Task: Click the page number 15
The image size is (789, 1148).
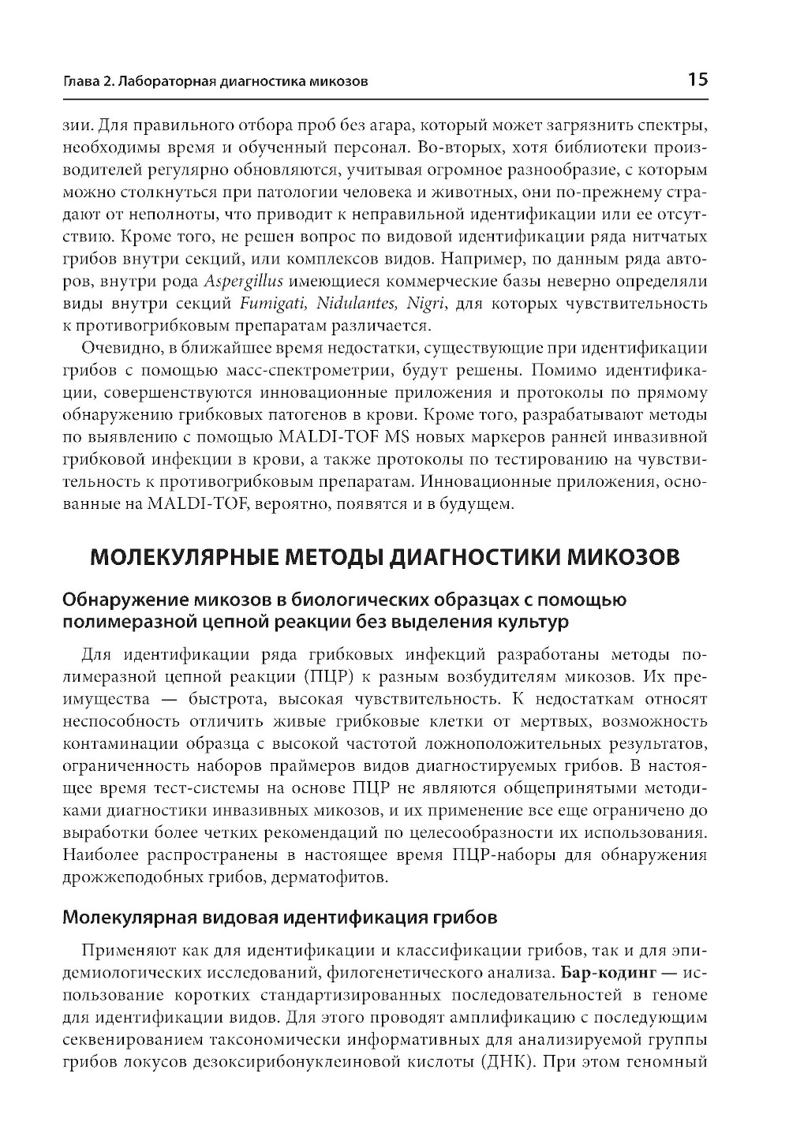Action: click(697, 80)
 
